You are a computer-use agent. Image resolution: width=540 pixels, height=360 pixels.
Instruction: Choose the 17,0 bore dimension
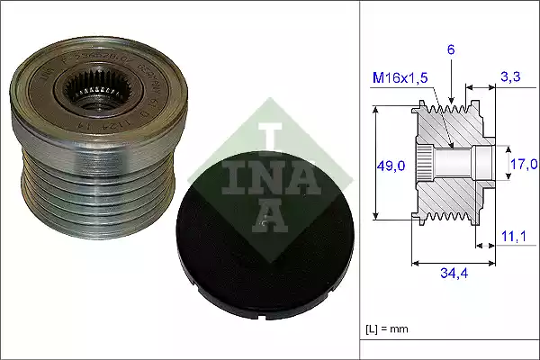pyautogui.click(x=524, y=164)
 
